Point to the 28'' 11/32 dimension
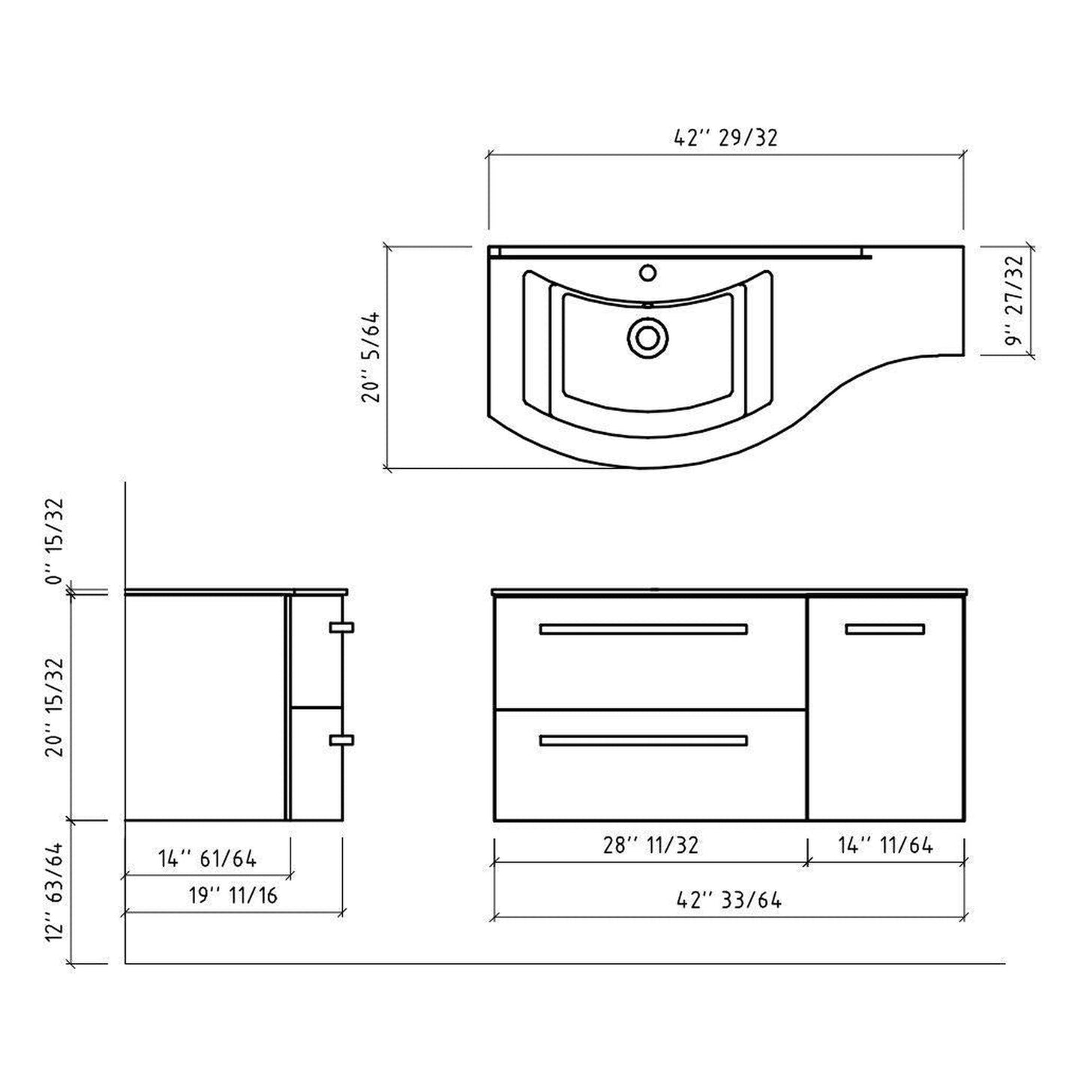[650, 845]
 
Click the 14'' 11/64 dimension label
[885, 845]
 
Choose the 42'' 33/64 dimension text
[728, 899]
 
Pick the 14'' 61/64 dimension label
[207, 858]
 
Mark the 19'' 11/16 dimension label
[233, 895]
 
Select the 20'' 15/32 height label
[58, 707]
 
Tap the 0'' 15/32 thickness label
[58, 539]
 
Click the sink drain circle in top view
[647, 337]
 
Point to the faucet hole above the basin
[647, 272]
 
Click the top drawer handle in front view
[643, 629]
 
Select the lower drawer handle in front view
[643, 741]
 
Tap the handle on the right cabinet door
[884, 629]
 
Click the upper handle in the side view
[341, 627]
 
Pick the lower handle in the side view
[341, 740]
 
